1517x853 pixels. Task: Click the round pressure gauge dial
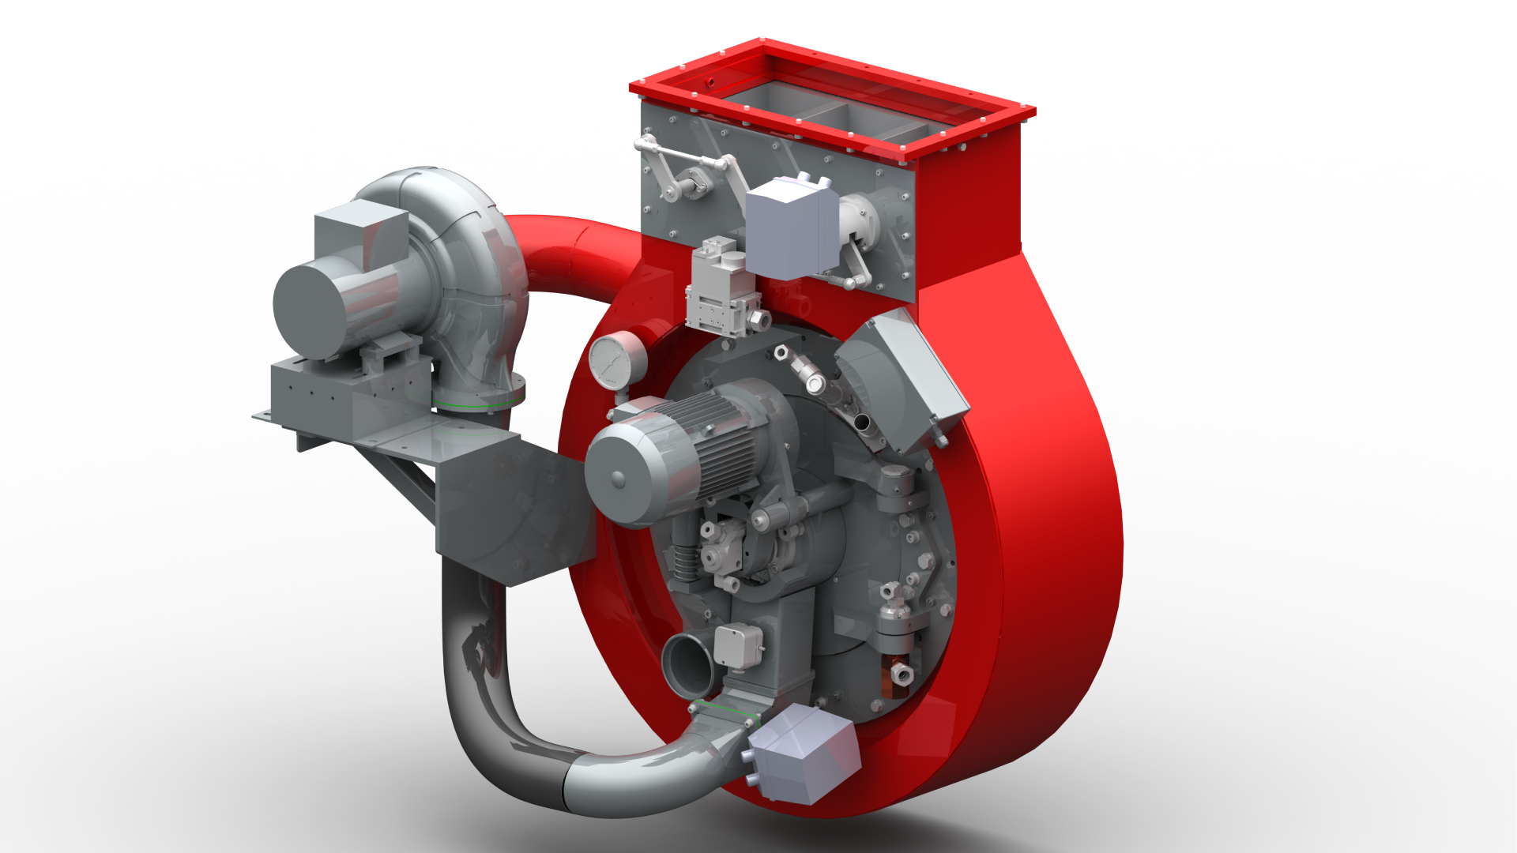615,360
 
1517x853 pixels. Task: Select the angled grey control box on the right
909,379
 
